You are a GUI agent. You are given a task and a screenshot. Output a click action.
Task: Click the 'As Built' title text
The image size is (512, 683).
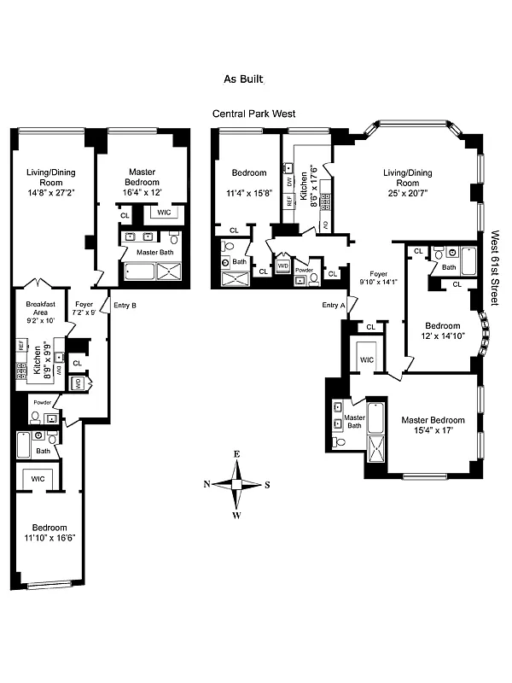click(x=243, y=79)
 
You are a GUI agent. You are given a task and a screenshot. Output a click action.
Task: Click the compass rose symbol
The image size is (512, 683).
click(x=236, y=484)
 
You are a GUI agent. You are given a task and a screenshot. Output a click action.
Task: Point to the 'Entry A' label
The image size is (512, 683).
click(x=335, y=305)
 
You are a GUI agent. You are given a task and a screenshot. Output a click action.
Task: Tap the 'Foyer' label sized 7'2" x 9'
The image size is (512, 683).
click(x=84, y=308)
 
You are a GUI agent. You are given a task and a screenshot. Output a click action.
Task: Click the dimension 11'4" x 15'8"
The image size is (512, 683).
click(x=249, y=193)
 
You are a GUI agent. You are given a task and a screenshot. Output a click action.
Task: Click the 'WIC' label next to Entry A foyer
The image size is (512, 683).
click(x=365, y=358)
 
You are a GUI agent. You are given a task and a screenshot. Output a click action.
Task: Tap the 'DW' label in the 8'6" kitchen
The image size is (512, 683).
click(x=290, y=181)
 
